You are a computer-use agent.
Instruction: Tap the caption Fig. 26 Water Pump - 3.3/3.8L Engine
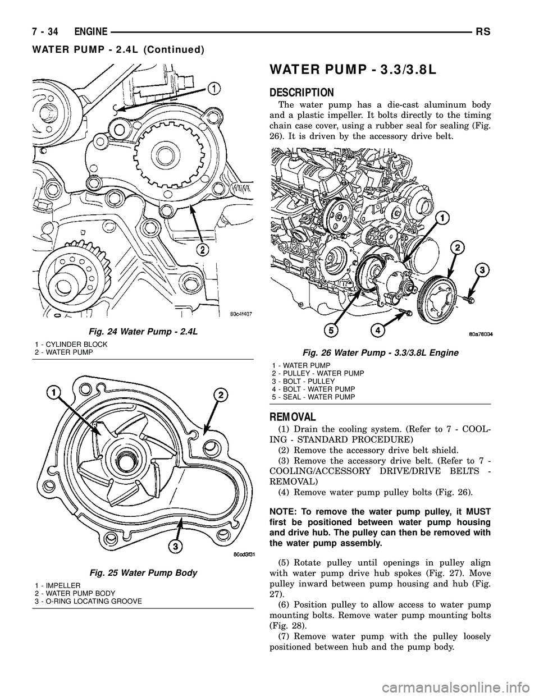coord(381,352)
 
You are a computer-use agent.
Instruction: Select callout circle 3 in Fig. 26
coord(481,270)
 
